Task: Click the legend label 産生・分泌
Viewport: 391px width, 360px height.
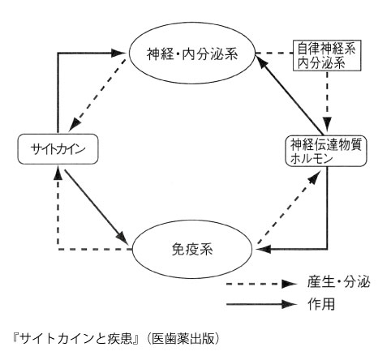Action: (x=339, y=283)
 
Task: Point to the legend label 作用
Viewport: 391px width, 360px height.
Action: (x=321, y=304)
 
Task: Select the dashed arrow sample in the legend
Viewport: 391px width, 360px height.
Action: (x=262, y=284)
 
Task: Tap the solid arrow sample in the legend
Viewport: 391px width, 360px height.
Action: (x=262, y=304)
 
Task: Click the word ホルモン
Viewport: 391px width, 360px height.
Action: (x=312, y=159)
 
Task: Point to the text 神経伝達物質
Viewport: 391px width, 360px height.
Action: (x=326, y=144)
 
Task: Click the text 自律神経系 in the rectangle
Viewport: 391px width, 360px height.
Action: (x=326, y=49)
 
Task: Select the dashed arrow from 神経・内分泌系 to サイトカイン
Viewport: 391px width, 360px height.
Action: (x=98, y=95)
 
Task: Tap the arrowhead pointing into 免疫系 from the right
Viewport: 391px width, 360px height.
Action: (x=264, y=249)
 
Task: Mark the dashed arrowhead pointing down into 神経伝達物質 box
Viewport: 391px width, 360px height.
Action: (x=328, y=125)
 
